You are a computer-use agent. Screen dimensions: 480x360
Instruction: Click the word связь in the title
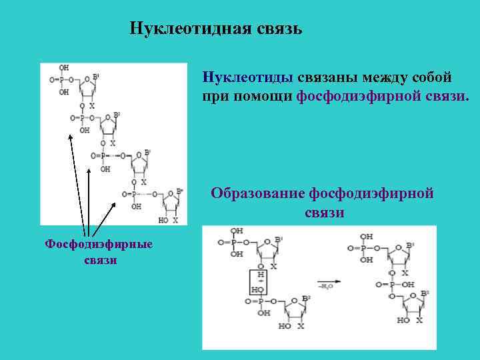(x=279, y=29)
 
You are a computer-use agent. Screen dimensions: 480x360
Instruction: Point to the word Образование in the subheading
(x=257, y=194)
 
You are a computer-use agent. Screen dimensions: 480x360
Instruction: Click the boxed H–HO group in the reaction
(x=258, y=283)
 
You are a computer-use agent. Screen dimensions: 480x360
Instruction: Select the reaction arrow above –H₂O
(x=329, y=281)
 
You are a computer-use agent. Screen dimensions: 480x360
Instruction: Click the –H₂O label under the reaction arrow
(x=326, y=287)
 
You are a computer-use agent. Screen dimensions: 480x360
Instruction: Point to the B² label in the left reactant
(x=306, y=297)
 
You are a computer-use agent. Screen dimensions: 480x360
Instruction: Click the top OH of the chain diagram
(x=64, y=68)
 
